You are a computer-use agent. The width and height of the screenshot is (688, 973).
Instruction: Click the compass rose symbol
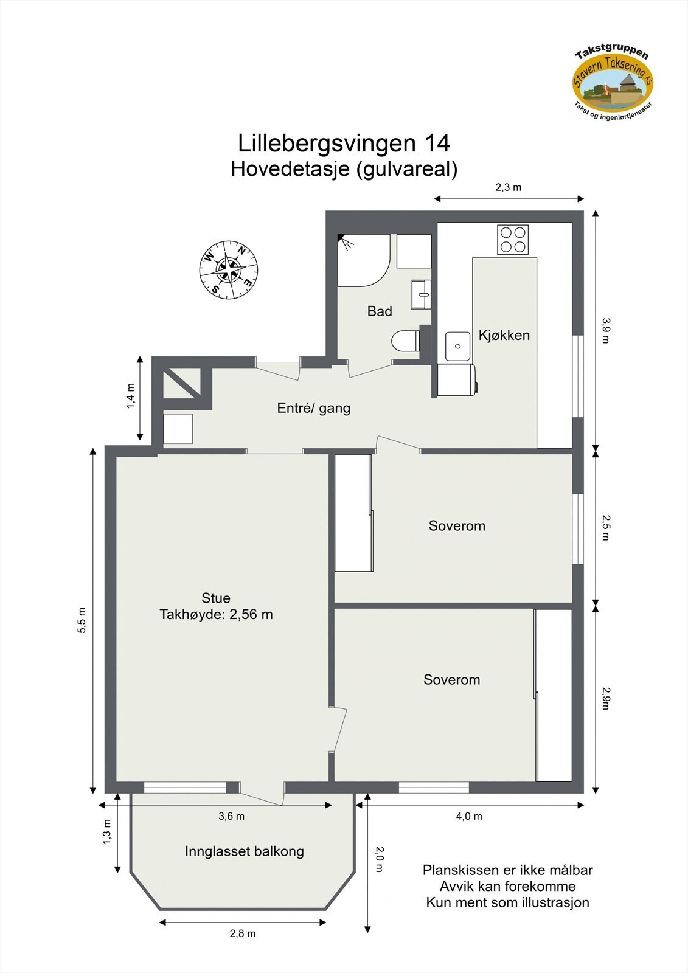pos(228,269)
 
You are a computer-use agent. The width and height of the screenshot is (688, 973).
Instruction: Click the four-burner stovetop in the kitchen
pos(513,240)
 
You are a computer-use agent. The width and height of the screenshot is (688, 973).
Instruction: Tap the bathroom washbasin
pos(421,295)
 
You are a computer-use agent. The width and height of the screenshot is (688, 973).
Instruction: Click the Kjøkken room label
pos(504,335)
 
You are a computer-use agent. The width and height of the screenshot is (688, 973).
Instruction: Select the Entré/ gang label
pos(313,408)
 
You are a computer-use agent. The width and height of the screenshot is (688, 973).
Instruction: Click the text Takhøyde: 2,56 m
pos(216,615)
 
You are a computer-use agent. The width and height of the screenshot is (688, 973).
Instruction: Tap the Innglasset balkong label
pos(244,851)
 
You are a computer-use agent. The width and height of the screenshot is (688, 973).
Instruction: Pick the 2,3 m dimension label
pos(508,187)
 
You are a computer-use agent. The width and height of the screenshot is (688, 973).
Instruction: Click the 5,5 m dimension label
pos(82,620)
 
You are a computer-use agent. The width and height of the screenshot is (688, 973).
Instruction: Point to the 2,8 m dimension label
pos(242,933)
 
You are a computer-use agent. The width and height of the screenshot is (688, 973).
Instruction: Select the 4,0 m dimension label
pos(468,816)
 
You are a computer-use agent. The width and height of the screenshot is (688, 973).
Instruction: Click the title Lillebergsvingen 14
pos(344,144)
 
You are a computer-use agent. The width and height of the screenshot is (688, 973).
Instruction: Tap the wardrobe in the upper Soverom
pos(353,513)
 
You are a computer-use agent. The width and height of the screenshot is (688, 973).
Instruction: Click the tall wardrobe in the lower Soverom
pos(554,695)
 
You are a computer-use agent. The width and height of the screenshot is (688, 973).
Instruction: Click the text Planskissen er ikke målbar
pos(507,870)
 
